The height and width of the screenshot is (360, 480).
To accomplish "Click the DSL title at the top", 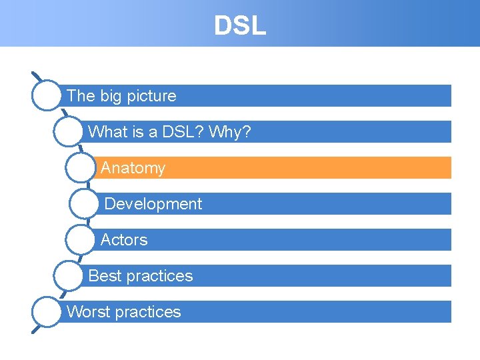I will [x=239, y=25].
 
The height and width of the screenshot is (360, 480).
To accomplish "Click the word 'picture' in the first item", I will [x=152, y=96].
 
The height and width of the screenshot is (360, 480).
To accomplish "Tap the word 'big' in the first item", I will [x=111, y=96].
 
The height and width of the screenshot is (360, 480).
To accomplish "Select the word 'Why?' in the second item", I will [x=230, y=132].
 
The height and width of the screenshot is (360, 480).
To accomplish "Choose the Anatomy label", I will [x=133, y=168].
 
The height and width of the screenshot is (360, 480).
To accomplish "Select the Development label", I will [x=153, y=204].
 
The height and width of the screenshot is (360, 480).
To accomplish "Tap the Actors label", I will [x=124, y=240].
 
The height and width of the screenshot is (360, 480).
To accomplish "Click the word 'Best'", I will [x=105, y=276].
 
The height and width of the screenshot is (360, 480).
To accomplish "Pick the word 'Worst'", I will [x=87, y=312].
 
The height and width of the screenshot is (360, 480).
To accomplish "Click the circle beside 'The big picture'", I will [x=47, y=95].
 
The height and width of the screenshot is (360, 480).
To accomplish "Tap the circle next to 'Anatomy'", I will [x=80, y=168].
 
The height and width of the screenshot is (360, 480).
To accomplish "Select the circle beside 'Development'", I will [x=84, y=204].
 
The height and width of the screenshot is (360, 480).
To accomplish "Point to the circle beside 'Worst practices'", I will [x=47, y=312].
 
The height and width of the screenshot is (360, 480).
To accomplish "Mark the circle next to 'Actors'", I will [x=80, y=240].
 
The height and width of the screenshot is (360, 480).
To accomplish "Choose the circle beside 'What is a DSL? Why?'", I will [x=69, y=131].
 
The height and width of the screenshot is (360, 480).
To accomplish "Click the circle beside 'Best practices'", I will [x=69, y=276].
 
